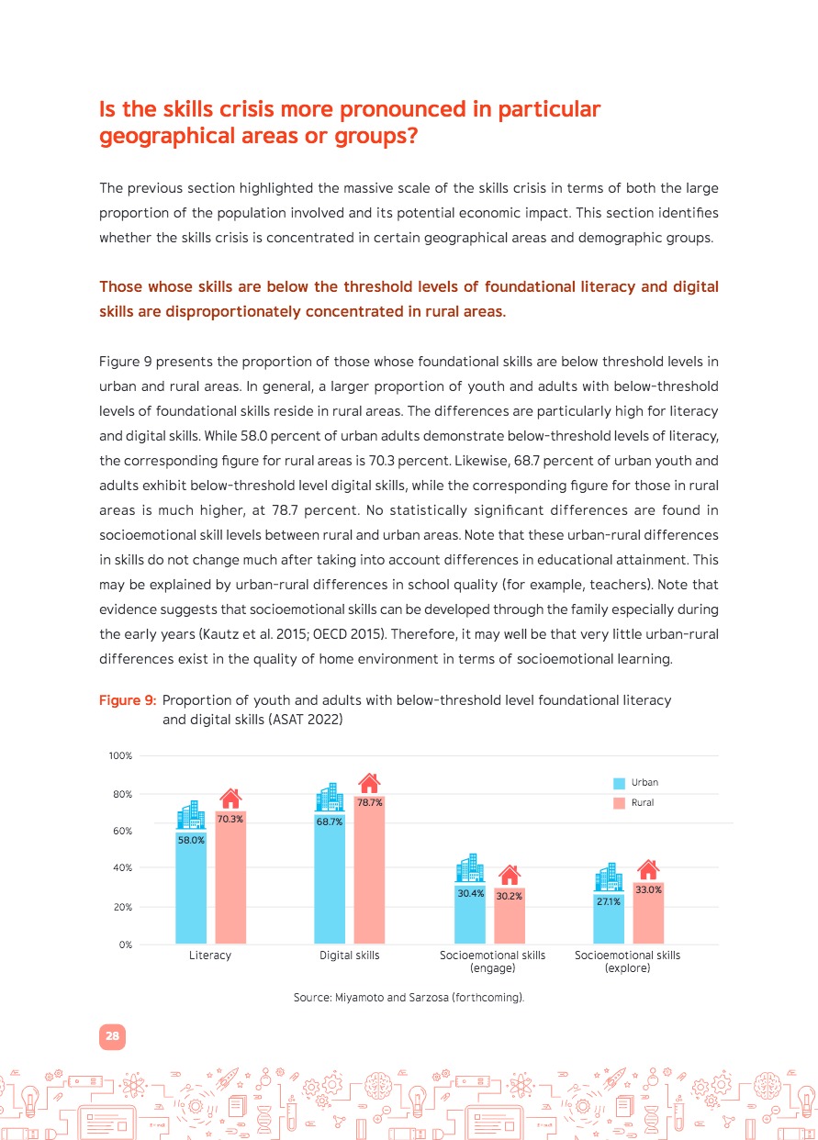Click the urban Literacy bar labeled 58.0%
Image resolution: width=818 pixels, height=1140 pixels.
pyautogui.click(x=191, y=886)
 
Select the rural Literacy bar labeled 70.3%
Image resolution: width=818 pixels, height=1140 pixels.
pyautogui.click(x=230, y=877)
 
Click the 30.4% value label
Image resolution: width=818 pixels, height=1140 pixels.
pyautogui.click(x=470, y=893)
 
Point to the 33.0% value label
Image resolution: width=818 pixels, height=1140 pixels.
pyautogui.click(x=649, y=889)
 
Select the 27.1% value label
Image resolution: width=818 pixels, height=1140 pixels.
pyautogui.click(x=609, y=901)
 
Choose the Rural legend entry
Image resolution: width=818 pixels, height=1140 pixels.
pyautogui.click(x=635, y=802)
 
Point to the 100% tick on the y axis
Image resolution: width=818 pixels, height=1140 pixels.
pyautogui.click(x=121, y=756)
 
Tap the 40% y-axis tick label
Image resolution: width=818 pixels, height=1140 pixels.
pyautogui.click(x=123, y=868)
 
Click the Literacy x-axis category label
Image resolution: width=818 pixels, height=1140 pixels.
pyautogui.click(x=210, y=956)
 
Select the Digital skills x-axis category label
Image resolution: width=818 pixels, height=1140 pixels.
pyautogui.click(x=349, y=956)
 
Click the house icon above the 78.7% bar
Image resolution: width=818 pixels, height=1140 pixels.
pyautogui.click(x=369, y=783)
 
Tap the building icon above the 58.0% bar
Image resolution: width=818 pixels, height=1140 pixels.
pyautogui.click(x=191, y=814)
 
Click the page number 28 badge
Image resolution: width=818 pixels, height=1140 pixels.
pyautogui.click(x=112, y=1036)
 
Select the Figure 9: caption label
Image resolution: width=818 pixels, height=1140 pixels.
pyautogui.click(x=128, y=700)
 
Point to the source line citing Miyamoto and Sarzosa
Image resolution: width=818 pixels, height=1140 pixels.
pyautogui.click(x=409, y=996)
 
